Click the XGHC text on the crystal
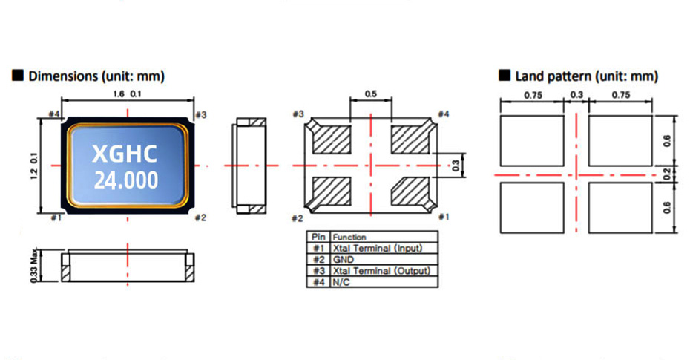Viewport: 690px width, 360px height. [x=124, y=154]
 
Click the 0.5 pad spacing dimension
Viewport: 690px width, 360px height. [x=370, y=94]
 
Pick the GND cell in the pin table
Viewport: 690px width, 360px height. [x=344, y=260]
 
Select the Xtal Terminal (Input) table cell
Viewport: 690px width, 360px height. [x=375, y=248]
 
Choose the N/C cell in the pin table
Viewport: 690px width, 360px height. [x=341, y=283]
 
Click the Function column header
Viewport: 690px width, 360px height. [x=349, y=237]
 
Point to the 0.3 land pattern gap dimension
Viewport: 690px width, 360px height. [x=576, y=94]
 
